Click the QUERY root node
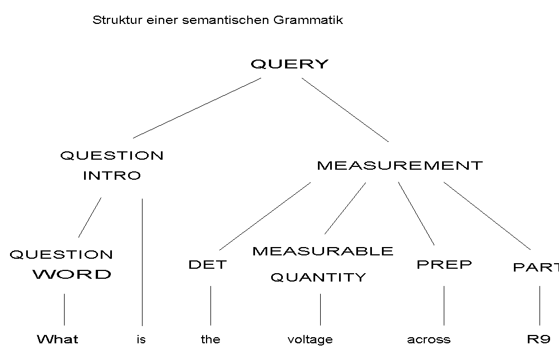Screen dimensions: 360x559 290,64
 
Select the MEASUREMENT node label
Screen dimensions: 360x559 399,165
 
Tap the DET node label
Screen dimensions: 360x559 207,265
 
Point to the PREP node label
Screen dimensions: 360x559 444,264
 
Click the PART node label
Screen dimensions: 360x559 535,268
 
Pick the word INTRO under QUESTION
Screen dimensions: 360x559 112,176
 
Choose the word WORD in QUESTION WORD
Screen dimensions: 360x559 72,274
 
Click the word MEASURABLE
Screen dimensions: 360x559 322,251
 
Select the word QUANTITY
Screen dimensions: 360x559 318,277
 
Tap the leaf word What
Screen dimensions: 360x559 57,339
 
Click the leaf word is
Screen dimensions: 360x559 141,339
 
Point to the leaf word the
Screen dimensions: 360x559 210,339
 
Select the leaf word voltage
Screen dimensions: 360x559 310,339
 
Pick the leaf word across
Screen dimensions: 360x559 429,339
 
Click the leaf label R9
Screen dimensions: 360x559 538,339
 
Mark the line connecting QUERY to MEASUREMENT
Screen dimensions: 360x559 345,110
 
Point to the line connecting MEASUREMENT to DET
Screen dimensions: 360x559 264,216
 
